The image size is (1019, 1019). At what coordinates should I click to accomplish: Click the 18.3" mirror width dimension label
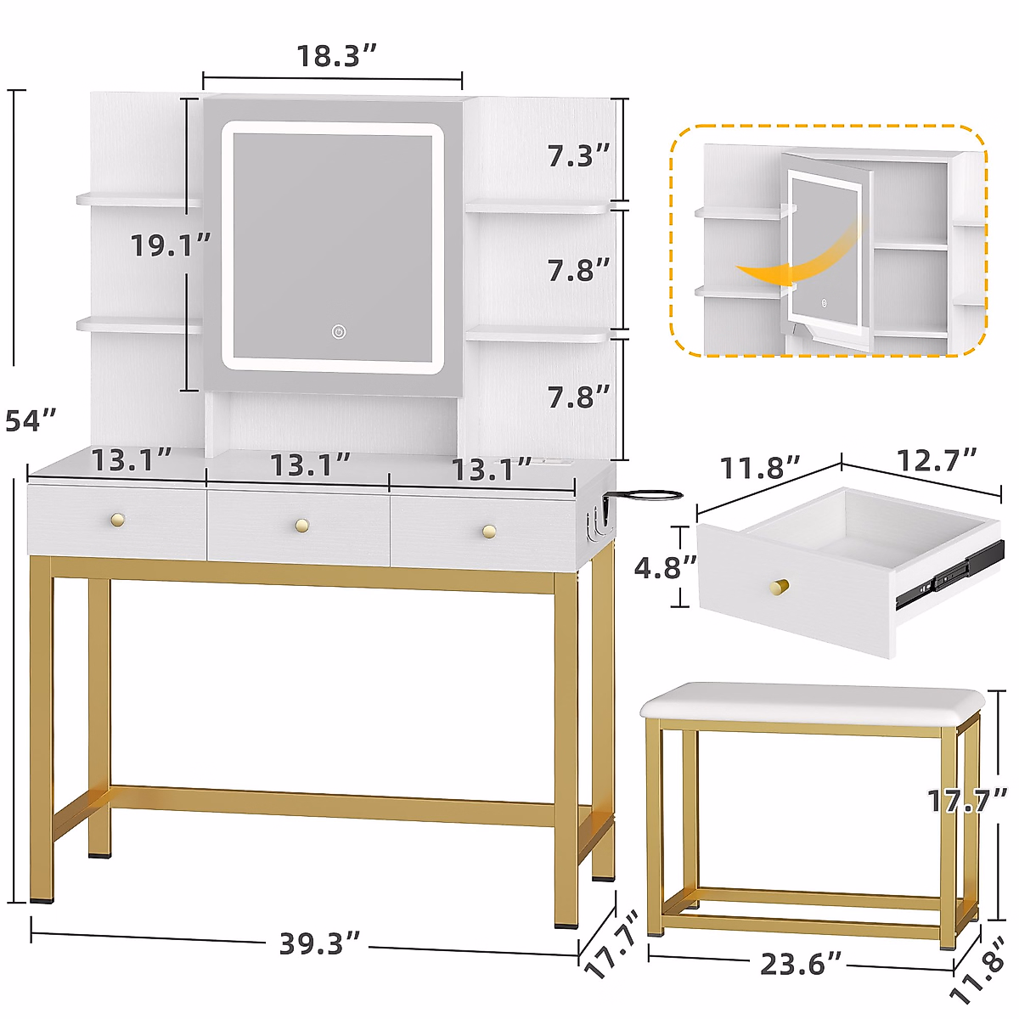[335, 56]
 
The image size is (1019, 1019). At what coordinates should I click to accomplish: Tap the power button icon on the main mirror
[339, 331]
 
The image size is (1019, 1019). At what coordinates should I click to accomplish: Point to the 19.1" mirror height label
[170, 246]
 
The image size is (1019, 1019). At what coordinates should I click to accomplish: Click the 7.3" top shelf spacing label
[578, 155]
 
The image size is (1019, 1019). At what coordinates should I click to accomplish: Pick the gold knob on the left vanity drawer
[117, 519]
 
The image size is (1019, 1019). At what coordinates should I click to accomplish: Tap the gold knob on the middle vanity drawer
[301, 526]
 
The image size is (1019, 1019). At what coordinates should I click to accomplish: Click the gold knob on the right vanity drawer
[488, 532]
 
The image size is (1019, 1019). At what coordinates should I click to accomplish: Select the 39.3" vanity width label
[320, 943]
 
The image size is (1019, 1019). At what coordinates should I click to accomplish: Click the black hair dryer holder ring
[648, 494]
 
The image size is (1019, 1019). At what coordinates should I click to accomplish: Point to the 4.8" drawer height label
[666, 567]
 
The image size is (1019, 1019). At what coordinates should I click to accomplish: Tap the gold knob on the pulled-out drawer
[779, 588]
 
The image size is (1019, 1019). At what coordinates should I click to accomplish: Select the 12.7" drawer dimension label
[937, 460]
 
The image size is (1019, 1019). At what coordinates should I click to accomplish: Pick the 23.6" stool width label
[801, 964]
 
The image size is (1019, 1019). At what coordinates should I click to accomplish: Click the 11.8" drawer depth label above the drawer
[760, 468]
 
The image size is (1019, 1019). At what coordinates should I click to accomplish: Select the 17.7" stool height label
[966, 800]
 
